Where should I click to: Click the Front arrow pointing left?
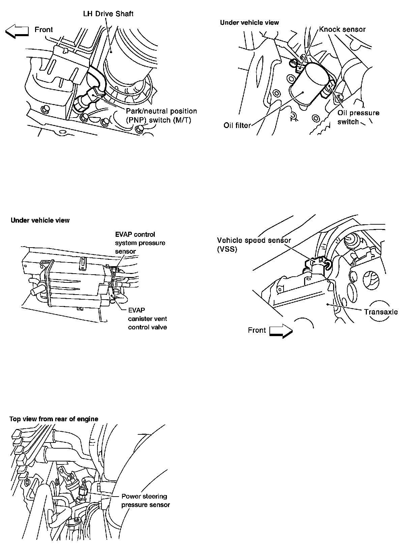pyautogui.click(x=17, y=32)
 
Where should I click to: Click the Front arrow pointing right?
pyautogui.click(x=281, y=331)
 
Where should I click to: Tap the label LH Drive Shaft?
pyautogui.click(x=108, y=14)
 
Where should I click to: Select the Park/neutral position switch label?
pyautogui.click(x=161, y=116)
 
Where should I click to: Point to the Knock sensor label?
pyautogui.click(x=342, y=29)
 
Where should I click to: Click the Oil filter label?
pyautogui.click(x=237, y=126)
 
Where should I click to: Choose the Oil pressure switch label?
pyautogui.click(x=358, y=117)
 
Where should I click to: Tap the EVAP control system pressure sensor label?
pyautogui.click(x=140, y=243)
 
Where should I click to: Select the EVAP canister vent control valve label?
pyautogui.click(x=147, y=319)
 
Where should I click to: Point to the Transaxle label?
pyautogui.click(x=381, y=312)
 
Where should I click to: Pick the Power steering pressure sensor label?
pyautogui.click(x=145, y=501)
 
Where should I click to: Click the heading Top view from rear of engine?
pyautogui.click(x=54, y=419)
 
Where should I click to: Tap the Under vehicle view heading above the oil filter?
pyautogui.click(x=249, y=23)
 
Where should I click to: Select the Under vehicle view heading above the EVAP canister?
pyautogui.click(x=40, y=220)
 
